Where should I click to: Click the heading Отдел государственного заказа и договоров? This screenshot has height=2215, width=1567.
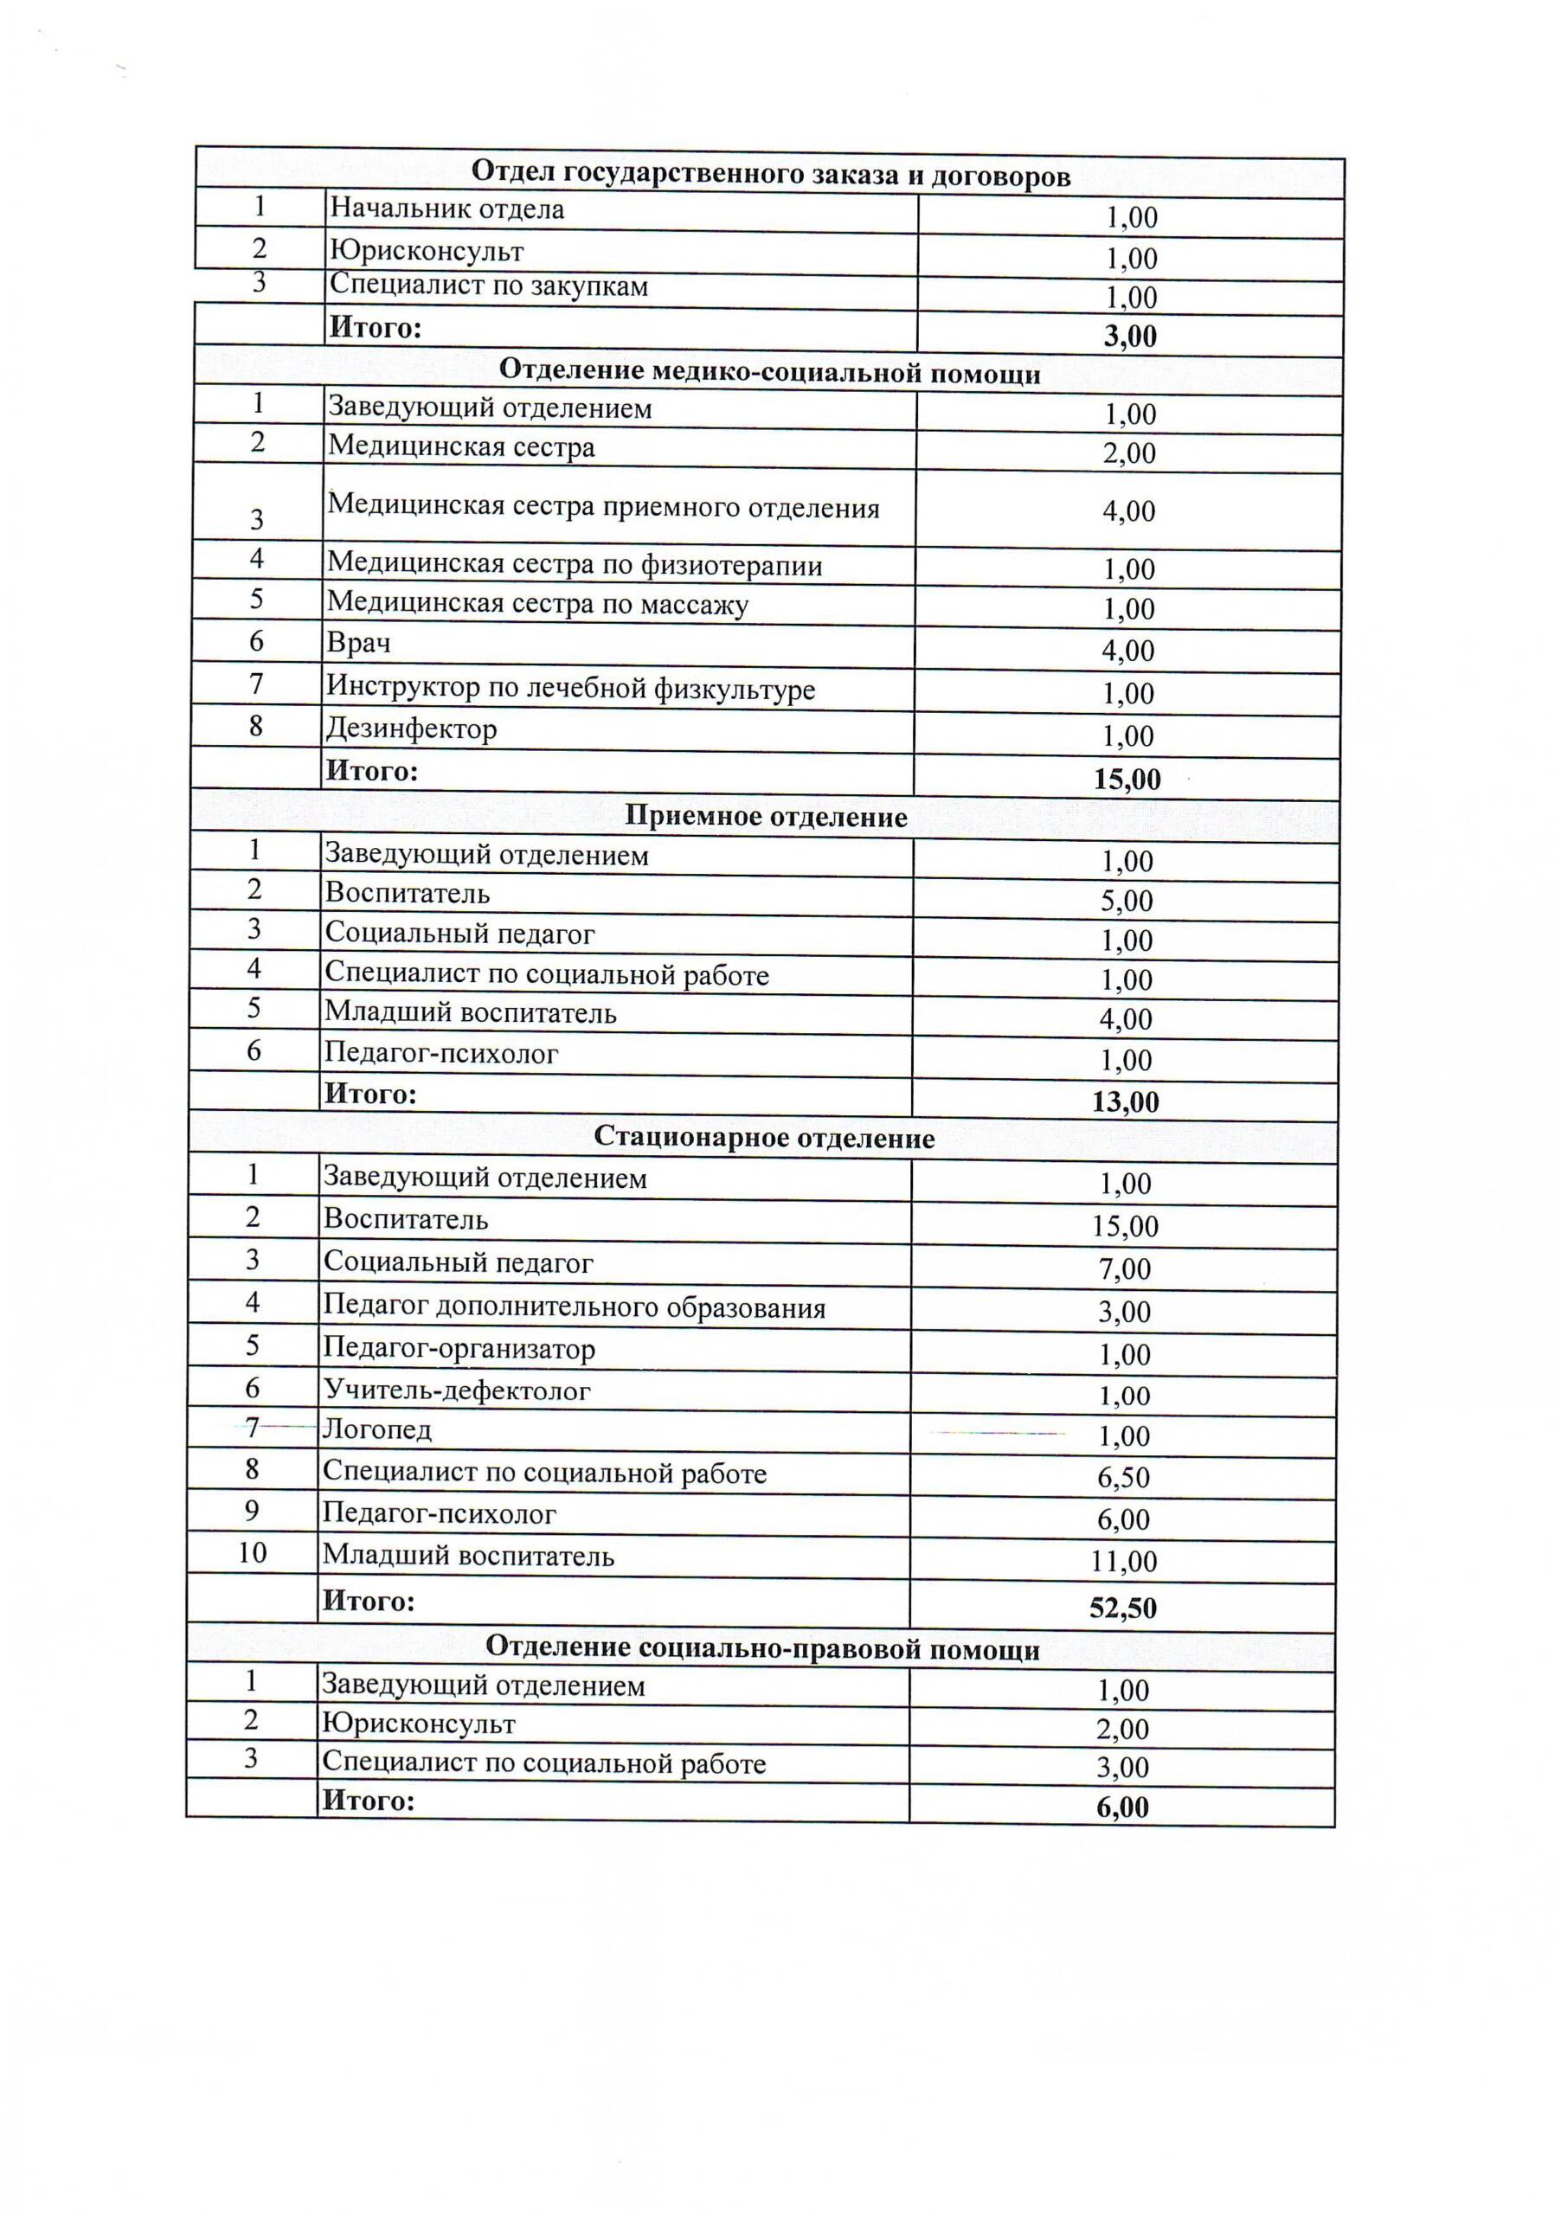[x=770, y=175]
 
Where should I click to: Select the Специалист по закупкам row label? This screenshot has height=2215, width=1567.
[x=488, y=286]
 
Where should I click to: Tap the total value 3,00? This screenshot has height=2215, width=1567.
[x=1130, y=337]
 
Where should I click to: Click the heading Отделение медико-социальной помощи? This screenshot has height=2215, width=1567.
[x=769, y=372]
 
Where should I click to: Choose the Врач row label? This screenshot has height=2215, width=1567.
[x=358, y=644]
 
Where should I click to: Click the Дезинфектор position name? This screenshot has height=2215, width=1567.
[x=411, y=729]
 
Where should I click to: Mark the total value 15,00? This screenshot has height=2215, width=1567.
[x=1127, y=780]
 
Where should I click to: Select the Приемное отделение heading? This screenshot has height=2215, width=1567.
[x=766, y=817]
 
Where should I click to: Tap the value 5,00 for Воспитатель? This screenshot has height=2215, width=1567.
[x=1127, y=901]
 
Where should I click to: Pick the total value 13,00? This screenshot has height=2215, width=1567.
[x=1125, y=1101]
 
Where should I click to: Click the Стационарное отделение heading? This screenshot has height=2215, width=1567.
[x=764, y=1139]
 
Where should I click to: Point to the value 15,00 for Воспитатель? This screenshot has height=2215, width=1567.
[x=1125, y=1226]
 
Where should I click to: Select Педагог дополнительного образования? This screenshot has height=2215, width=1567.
[x=575, y=1308]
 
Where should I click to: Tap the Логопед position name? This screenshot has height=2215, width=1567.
[x=377, y=1429]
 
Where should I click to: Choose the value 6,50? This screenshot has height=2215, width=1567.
[x=1124, y=1477]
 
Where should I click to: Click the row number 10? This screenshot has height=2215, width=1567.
[x=253, y=1552]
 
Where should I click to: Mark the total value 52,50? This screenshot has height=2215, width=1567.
[x=1123, y=1608]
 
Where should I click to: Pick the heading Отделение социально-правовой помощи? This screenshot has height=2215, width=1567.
[x=762, y=1649]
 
